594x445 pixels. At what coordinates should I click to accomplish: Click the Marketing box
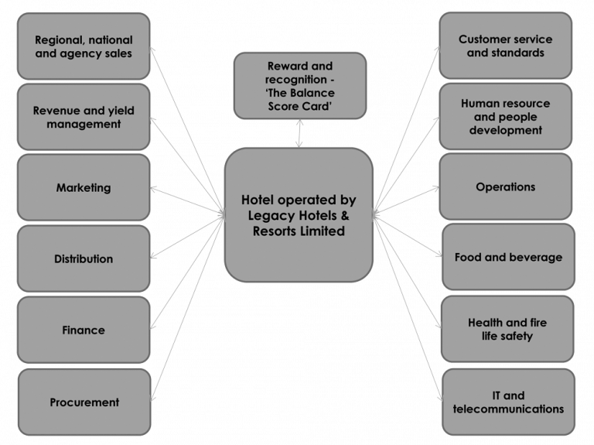tap(84, 188)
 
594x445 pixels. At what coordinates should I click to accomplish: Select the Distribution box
tap(84, 259)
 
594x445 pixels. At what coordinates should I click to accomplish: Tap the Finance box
tap(84, 330)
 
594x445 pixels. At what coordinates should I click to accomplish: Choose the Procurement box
tap(84, 402)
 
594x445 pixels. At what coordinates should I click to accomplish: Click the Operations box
tap(506, 187)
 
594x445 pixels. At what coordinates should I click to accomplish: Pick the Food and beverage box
tap(508, 258)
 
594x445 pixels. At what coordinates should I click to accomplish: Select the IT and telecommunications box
tap(508, 402)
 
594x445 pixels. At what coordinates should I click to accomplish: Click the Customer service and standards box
tap(506, 46)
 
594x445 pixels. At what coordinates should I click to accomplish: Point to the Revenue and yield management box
tap(84, 117)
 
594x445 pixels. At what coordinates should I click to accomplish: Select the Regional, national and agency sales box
tap(84, 46)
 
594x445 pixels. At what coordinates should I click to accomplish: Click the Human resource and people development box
tap(506, 117)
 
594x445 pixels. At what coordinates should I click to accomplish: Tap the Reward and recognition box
tap(299, 86)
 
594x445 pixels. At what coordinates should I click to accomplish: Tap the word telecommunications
tap(508, 409)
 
